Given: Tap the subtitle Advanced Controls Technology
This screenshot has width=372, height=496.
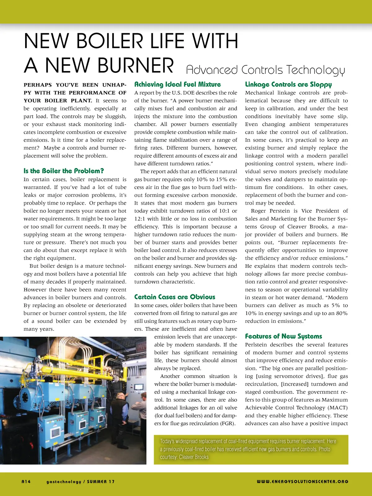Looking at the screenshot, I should point(265,70).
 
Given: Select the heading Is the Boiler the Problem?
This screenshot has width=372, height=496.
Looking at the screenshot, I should point(64,171).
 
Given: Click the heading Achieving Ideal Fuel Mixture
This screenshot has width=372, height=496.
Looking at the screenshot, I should point(177,84).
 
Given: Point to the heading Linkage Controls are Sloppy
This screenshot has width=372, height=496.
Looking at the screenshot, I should point(288,84).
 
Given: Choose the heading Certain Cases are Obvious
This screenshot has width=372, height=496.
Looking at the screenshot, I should point(175,297).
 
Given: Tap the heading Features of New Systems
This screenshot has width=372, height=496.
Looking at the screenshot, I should point(283,336).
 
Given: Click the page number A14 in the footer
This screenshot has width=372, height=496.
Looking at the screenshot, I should point(26,482).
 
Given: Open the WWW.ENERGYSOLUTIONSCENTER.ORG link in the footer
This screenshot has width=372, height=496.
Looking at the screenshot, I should point(302,482).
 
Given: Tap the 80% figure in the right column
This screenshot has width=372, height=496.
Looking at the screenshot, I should point(341,313).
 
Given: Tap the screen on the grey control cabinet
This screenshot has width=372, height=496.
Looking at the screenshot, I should point(138,387).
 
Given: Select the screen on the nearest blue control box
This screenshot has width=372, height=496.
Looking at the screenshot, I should point(56,432).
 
